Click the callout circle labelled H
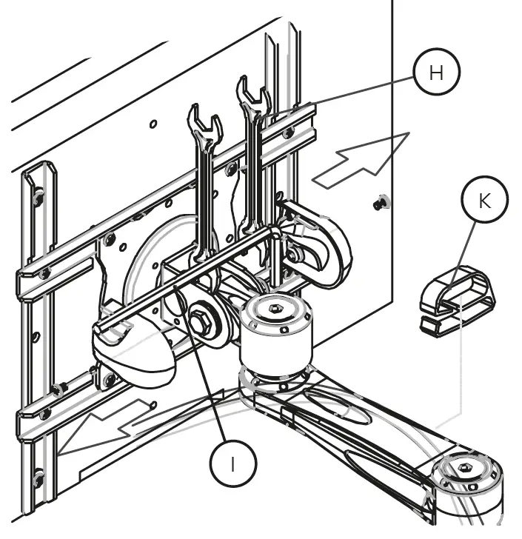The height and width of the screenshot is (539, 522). point(436,72)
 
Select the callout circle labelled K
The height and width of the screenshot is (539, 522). point(485,201)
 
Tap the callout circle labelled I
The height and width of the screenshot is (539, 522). point(233,463)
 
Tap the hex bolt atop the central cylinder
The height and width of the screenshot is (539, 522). point(276,308)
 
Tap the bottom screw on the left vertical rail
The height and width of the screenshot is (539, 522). point(39,474)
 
